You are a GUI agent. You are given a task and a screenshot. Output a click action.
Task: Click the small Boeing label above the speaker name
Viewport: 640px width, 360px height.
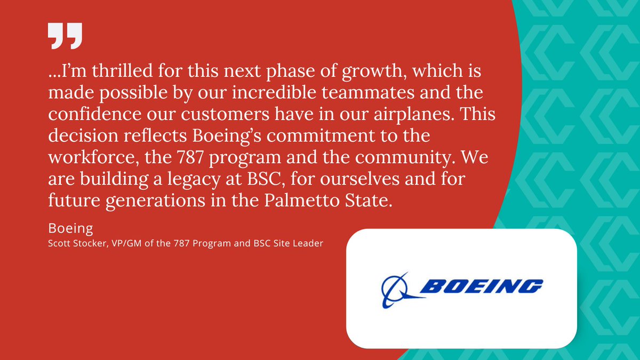coord(70,229)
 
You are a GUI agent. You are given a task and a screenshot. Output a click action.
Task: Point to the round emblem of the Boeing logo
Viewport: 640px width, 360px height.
coord(396,290)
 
